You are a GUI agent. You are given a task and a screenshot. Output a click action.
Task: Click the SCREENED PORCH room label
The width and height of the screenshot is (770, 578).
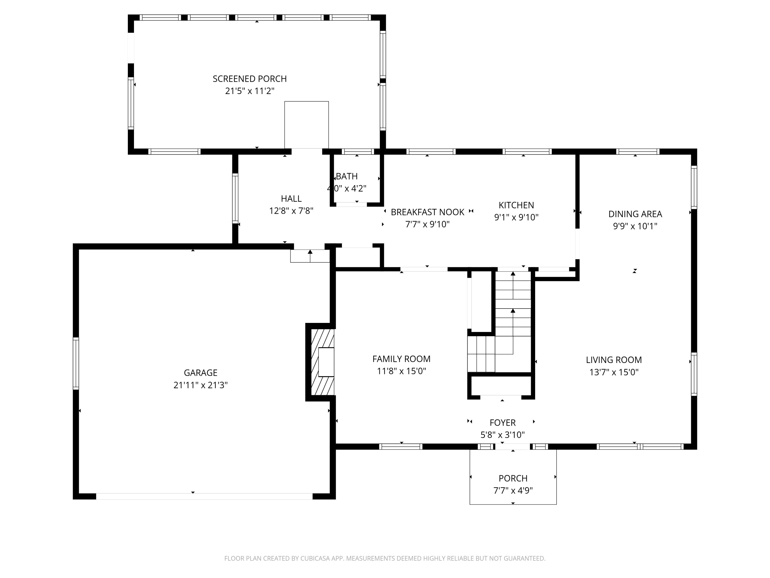249,79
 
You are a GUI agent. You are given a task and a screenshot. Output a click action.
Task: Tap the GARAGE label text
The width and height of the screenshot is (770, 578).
200,373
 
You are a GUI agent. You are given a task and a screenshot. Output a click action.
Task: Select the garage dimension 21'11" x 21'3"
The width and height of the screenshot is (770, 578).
200,385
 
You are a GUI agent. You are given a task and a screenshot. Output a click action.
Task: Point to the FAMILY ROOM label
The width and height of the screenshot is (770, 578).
401,359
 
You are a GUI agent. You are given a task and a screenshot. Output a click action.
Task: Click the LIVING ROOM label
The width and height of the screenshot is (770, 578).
614,360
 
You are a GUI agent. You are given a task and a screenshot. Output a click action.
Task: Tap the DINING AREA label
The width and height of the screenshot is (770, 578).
635,214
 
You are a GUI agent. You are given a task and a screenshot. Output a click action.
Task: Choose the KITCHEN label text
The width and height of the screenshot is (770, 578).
516,205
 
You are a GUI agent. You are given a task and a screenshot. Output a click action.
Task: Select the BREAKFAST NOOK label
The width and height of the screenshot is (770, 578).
427,212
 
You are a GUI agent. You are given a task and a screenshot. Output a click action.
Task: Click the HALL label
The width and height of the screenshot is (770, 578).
291,199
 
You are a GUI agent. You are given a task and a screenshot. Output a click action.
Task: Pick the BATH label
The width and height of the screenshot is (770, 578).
347,176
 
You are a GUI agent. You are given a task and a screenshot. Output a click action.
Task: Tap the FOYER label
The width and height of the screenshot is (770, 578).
502,423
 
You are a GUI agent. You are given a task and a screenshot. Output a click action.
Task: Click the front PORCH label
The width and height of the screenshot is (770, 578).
513,478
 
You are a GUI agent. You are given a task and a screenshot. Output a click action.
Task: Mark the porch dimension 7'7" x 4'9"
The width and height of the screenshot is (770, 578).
513,491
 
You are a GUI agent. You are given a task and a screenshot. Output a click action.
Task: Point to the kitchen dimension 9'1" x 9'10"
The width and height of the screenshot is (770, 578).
516,217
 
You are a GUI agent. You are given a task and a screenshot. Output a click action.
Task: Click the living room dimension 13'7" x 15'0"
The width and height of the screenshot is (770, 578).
614,372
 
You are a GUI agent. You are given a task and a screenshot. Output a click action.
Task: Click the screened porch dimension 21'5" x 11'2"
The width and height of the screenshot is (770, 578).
249,91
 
